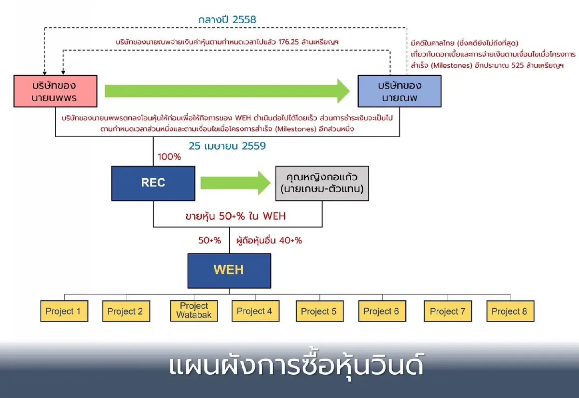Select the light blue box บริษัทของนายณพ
pos(399,91)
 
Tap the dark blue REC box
pos(153,183)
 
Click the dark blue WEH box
pos(229,270)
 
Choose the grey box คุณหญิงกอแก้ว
pos(322,183)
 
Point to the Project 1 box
pos(64,311)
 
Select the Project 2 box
pos(125,311)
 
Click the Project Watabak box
pos(194,311)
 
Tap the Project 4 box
pos(255,311)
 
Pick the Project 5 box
pos(319,311)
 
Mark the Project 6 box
pos(382,311)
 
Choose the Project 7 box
pos(448,311)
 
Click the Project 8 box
pos(510,311)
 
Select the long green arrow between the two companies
pos(227,91)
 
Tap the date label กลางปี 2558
pos(227,20)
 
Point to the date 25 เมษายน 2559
pos(227,146)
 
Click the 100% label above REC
pos(169,157)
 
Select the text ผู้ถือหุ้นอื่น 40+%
pos(269,240)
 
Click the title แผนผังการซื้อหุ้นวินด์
pos(296,366)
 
